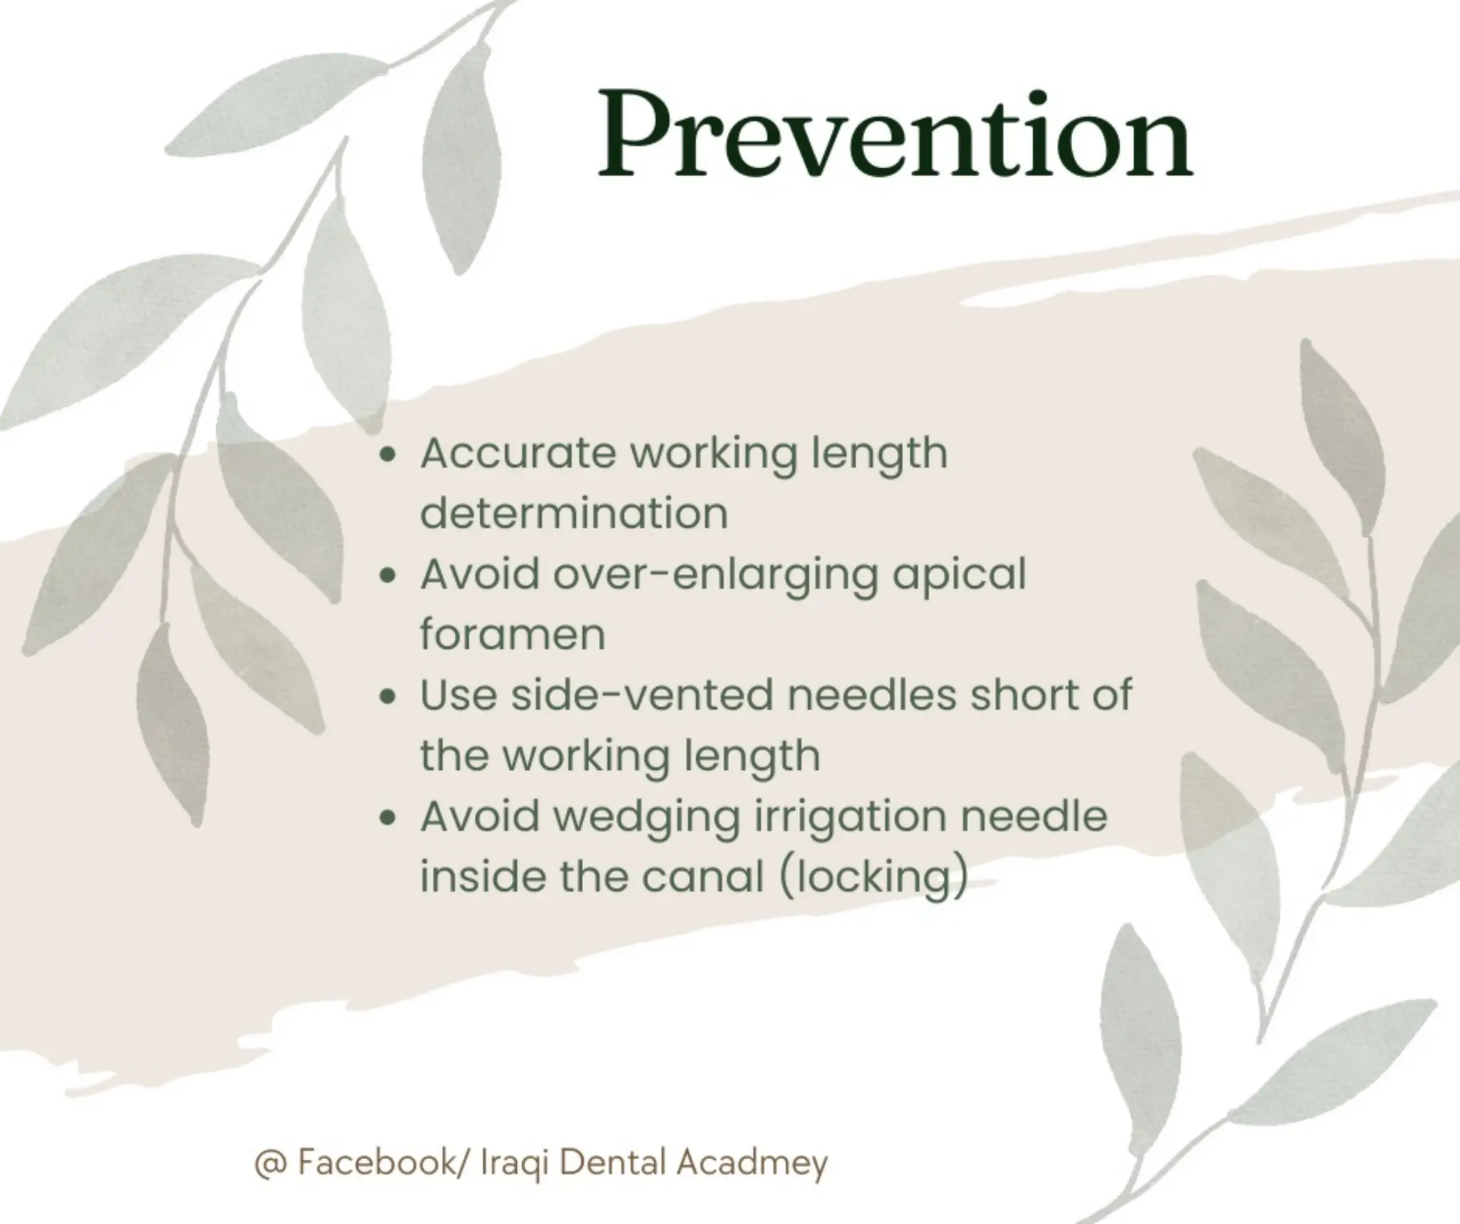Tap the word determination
tap(574, 513)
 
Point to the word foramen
tap(512, 634)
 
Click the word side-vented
tap(642, 695)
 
